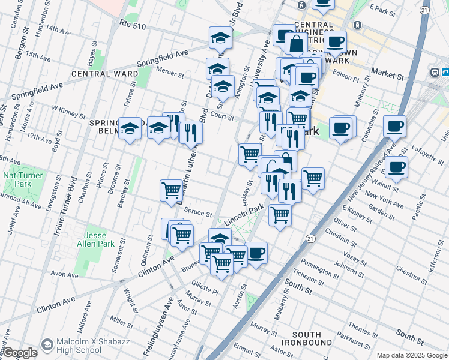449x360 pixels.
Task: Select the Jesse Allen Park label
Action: [x=99, y=239]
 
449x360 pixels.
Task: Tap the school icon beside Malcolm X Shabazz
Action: [x=47, y=345]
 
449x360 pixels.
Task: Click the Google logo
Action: [x=19, y=353]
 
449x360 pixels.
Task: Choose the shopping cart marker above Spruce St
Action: [x=172, y=191]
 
